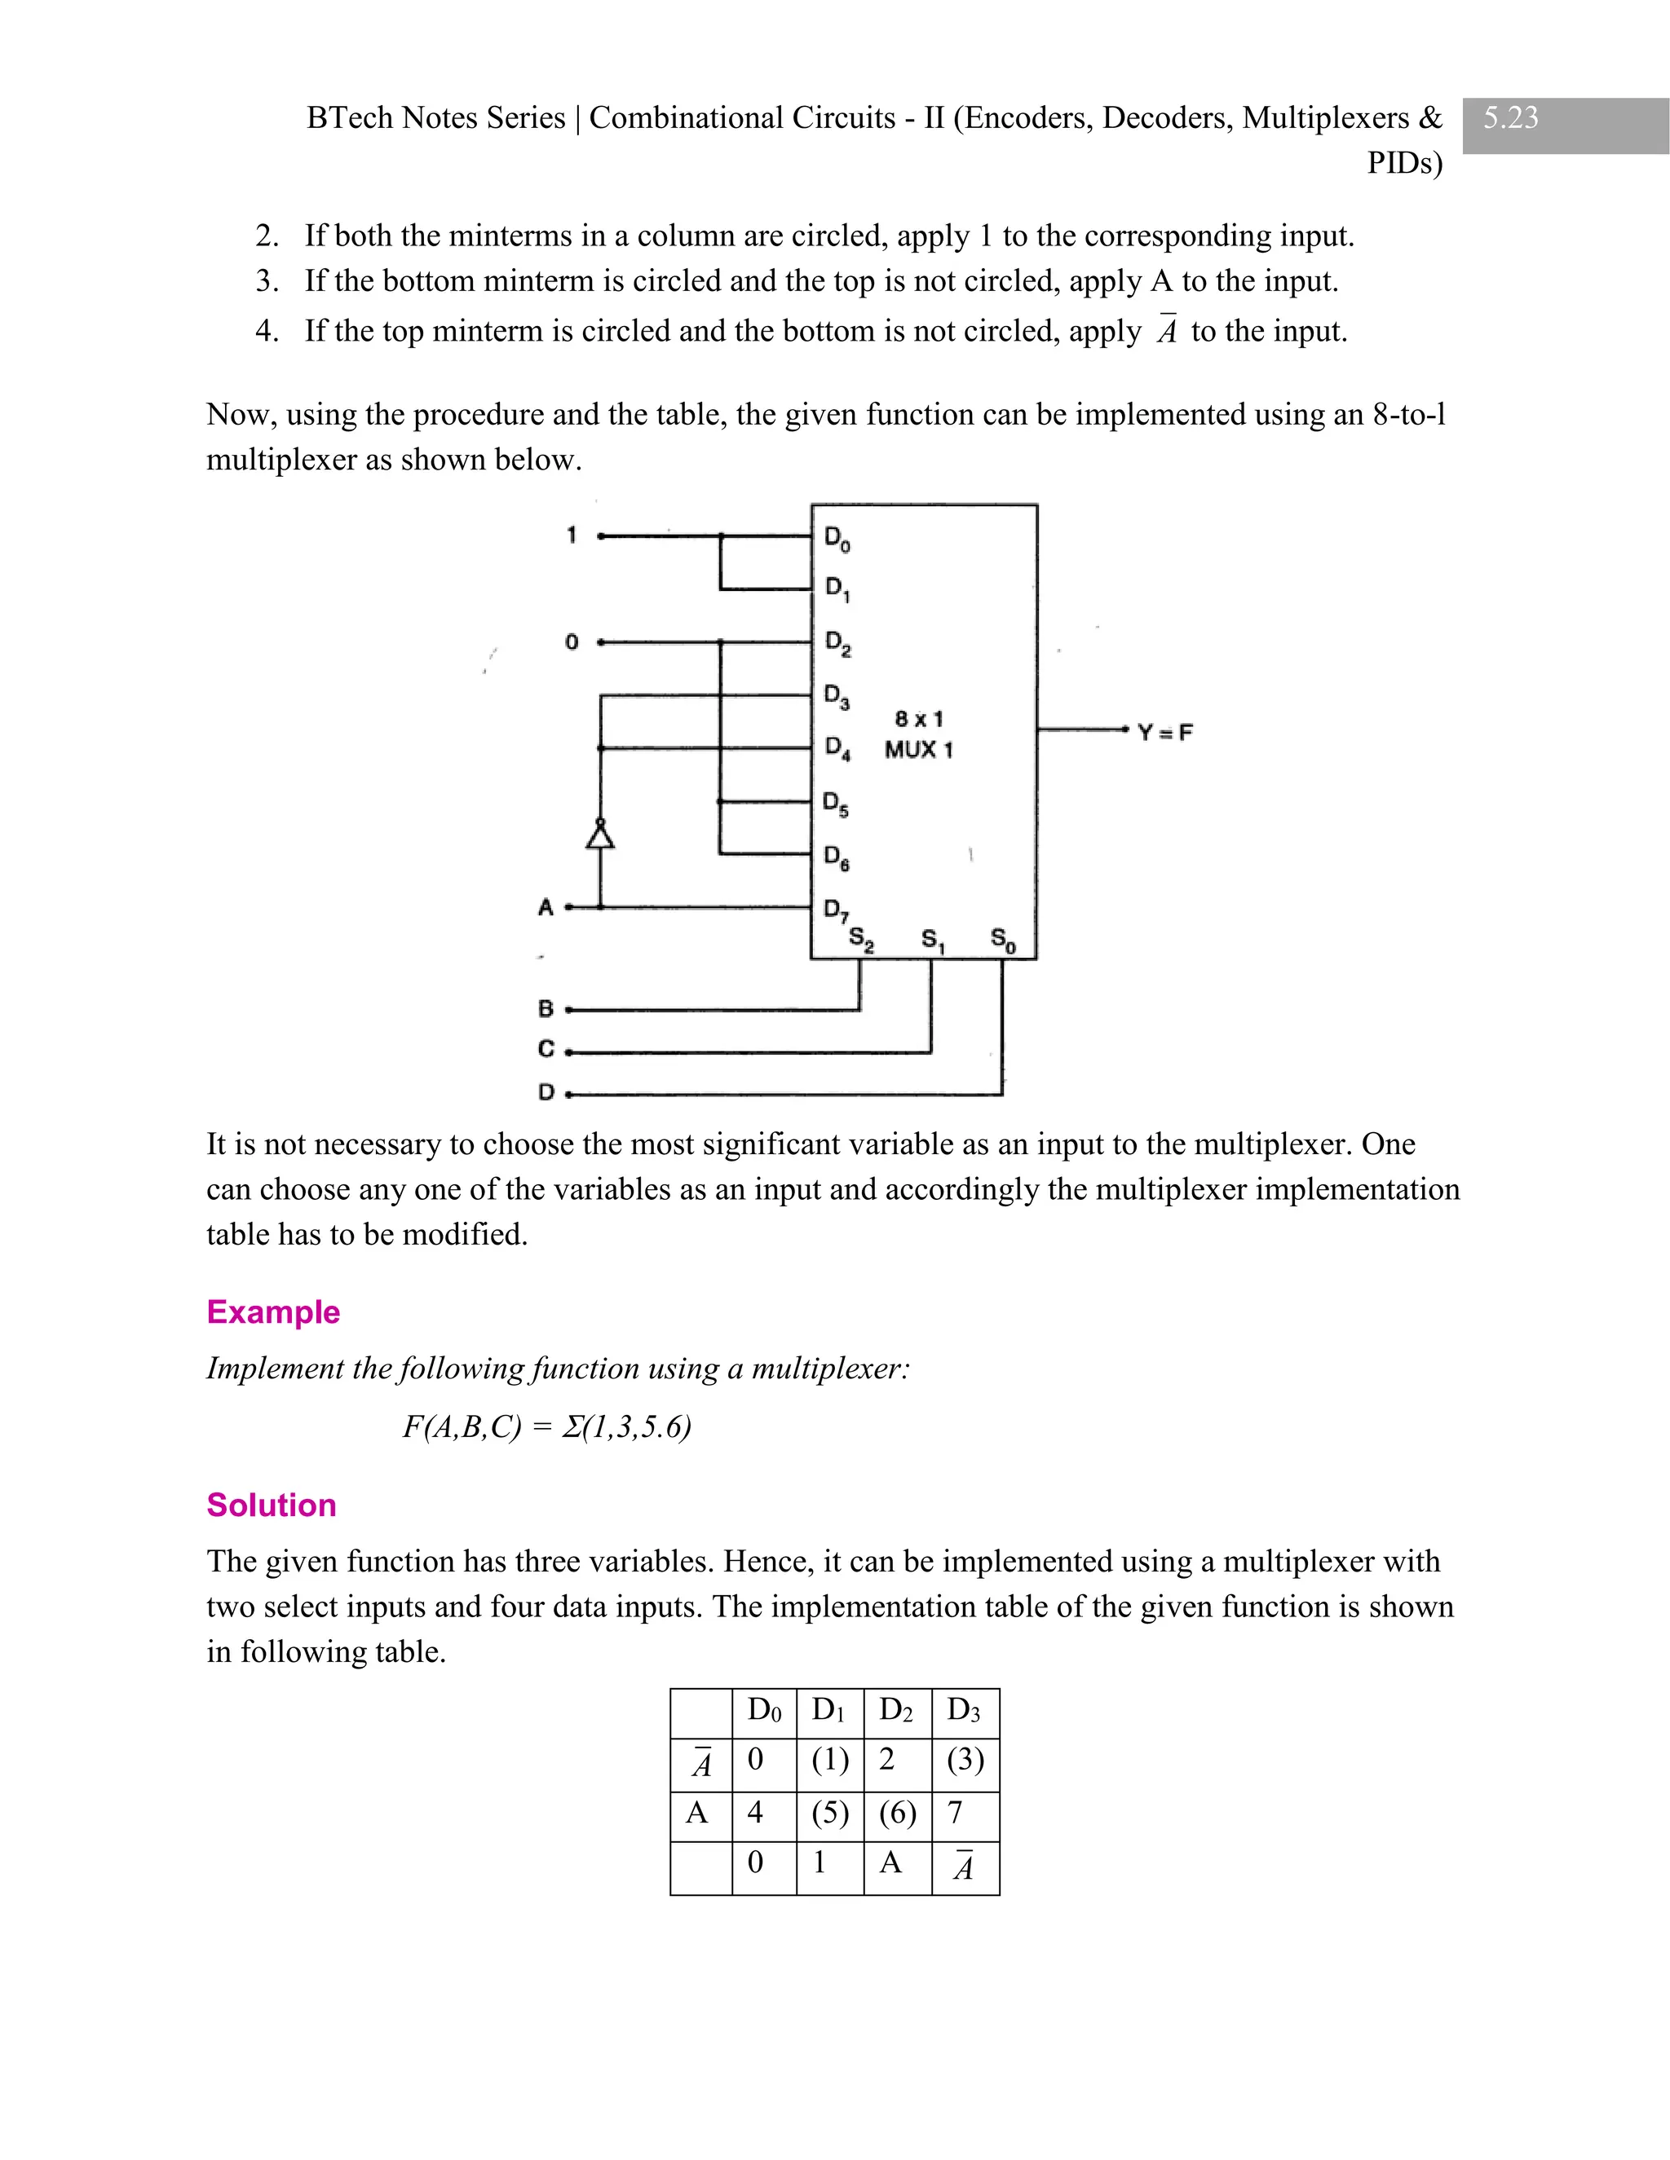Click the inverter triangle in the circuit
[x=599, y=835]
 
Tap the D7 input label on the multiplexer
[x=836, y=908]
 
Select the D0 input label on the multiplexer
[x=837, y=539]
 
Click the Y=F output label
[x=1164, y=733]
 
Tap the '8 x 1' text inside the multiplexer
[x=919, y=718]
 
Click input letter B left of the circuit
[x=546, y=1009]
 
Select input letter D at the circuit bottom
[x=546, y=1092]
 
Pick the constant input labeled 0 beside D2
[x=571, y=641]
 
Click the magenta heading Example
[x=273, y=1311]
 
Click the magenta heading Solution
[x=271, y=1505]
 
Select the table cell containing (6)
[x=896, y=1813]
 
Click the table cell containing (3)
[x=965, y=1761]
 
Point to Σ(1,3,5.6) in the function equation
[x=626, y=1427]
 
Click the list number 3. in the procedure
[x=266, y=281]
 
